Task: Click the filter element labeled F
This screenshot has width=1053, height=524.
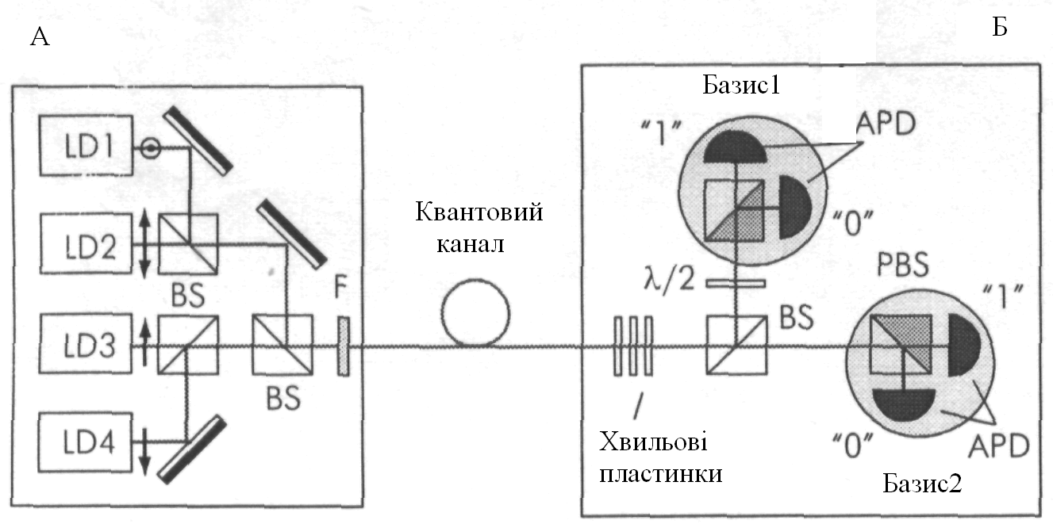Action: point(343,346)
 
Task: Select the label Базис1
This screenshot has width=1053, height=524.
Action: point(741,86)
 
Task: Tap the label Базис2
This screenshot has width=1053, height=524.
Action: point(922,483)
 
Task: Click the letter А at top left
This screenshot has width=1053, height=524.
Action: point(39,37)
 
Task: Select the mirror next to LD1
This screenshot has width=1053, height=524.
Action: point(200,140)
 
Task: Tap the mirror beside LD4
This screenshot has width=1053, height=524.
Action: point(190,449)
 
